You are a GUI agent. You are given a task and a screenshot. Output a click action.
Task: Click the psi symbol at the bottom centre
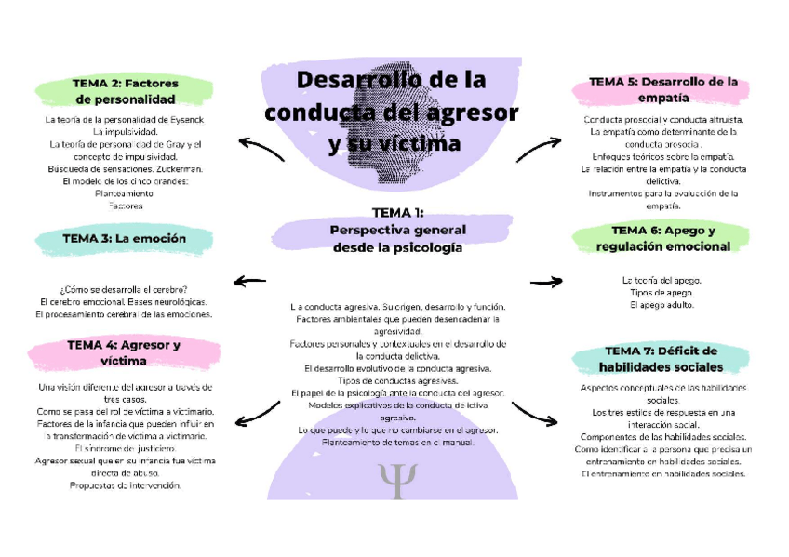398,482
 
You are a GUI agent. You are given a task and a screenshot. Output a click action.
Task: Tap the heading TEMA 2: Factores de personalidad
125,91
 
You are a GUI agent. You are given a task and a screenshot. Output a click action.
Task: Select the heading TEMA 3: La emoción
124,239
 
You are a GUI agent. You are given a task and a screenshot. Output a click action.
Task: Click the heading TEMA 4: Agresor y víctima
124,352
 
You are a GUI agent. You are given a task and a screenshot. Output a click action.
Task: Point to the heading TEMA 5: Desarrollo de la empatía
662,88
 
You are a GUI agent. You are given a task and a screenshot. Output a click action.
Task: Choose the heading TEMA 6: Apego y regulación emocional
662,238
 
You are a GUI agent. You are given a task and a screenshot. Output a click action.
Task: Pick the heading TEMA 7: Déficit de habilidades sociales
662,358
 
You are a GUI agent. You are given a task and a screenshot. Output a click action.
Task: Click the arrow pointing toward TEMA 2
261,148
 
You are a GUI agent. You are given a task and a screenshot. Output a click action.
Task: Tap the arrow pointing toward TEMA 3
249,281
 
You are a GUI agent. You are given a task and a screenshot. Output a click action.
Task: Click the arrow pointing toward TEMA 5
539,148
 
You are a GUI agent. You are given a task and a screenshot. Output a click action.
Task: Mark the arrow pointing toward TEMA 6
548,281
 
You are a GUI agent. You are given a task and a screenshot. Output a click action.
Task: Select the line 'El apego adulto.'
662,305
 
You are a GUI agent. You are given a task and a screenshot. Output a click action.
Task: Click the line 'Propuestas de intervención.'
125,484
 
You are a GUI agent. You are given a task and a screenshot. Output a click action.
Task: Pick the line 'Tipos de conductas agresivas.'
397,380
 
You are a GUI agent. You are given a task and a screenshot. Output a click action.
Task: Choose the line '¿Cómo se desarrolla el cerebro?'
124,289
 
